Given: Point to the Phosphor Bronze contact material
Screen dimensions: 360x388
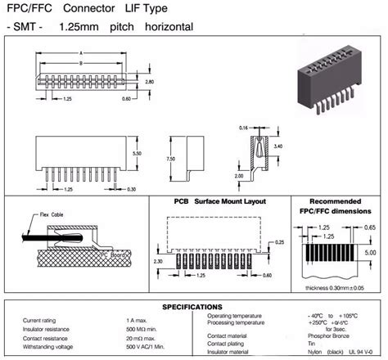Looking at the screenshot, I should click(x=329, y=337).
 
